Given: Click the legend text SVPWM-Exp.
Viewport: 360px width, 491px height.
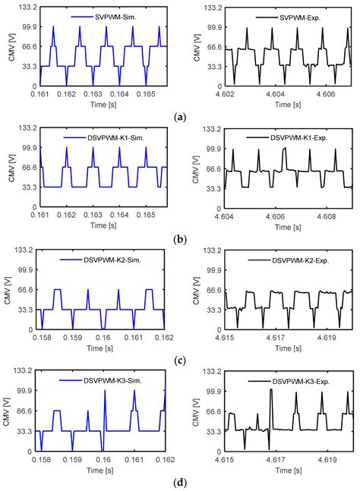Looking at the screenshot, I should tap(286, 16).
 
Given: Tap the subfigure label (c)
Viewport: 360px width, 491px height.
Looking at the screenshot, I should tap(179, 361).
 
